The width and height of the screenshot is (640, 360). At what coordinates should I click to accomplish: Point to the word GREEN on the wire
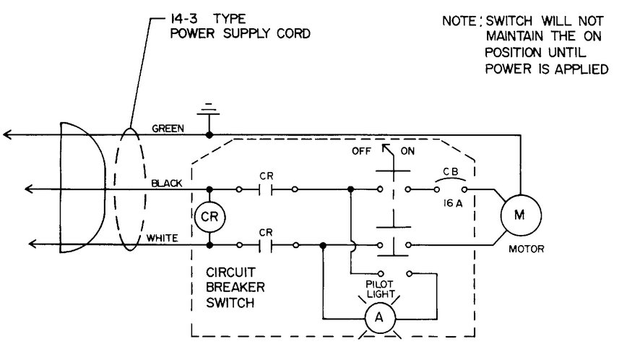click(x=168, y=128)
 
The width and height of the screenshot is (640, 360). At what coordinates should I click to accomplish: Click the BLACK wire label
click(x=167, y=183)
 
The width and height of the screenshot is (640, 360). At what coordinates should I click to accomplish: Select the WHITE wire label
click(x=162, y=238)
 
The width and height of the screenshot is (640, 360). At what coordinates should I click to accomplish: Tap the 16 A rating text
click(x=453, y=203)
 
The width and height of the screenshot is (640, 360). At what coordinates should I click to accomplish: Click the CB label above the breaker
click(x=451, y=172)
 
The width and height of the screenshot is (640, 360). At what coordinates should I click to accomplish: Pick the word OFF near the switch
click(x=361, y=151)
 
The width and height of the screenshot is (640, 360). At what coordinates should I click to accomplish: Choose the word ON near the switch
click(x=407, y=151)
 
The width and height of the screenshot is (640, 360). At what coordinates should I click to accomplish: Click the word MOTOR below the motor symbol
click(x=526, y=249)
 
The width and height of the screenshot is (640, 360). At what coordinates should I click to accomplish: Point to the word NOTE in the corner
click(x=459, y=21)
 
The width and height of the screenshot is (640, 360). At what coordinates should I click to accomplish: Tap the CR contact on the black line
click(x=266, y=189)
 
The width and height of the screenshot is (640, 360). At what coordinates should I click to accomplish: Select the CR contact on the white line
click(x=266, y=245)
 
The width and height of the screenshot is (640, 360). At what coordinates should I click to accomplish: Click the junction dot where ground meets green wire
click(x=209, y=135)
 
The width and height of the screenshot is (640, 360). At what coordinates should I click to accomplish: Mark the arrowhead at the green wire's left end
click(x=7, y=134)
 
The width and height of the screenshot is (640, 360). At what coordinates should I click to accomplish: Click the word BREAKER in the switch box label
click(x=235, y=287)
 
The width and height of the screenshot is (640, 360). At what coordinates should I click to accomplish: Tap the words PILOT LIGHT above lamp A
click(x=380, y=289)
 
